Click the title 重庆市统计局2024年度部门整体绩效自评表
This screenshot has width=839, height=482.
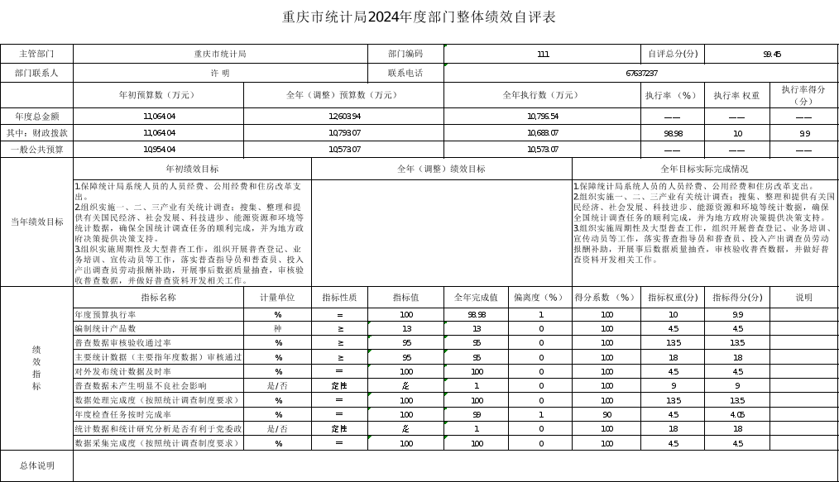click(x=419, y=17)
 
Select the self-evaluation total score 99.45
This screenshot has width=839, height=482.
click(x=771, y=54)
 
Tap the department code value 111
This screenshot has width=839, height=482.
click(x=543, y=54)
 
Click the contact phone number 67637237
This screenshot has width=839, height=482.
click(x=641, y=73)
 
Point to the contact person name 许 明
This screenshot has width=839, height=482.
click(x=220, y=73)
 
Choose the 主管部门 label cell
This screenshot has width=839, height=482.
click(x=36, y=54)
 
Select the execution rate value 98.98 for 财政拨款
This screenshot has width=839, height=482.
click(x=673, y=133)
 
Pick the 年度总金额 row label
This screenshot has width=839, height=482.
click(x=36, y=116)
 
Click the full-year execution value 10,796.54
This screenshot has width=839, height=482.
click(x=542, y=116)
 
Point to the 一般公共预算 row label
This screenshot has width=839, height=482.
click(x=36, y=150)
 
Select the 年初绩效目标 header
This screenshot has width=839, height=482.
click(x=192, y=169)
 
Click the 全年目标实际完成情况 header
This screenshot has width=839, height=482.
click(x=704, y=169)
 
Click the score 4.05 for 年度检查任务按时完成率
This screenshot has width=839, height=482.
click(x=737, y=414)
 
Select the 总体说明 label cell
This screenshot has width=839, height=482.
click(x=36, y=465)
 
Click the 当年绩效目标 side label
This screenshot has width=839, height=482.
click(x=36, y=222)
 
